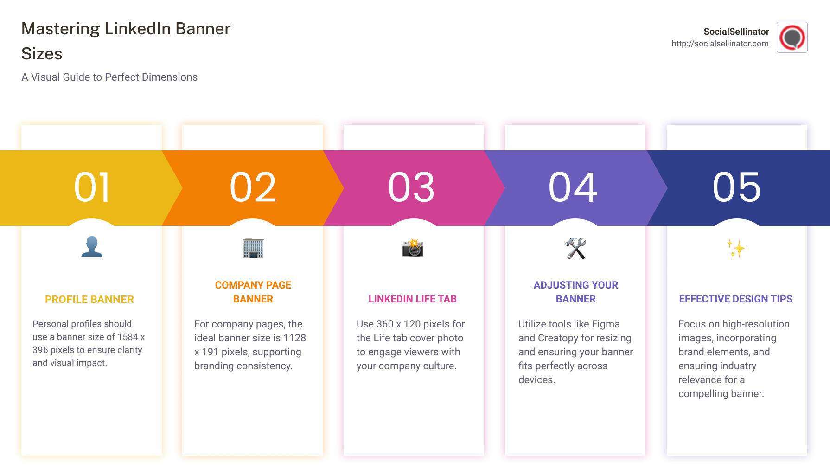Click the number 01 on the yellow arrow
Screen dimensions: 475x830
click(92, 187)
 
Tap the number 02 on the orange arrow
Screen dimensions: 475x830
click(253, 187)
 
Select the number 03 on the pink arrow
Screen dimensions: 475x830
click(411, 187)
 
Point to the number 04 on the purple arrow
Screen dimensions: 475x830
click(573, 187)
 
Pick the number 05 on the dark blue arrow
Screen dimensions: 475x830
click(736, 187)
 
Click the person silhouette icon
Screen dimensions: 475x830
click(92, 247)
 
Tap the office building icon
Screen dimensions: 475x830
click(253, 248)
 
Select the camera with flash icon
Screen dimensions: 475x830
click(413, 248)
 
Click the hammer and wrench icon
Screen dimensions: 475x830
click(575, 248)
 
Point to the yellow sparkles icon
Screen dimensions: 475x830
click(736, 249)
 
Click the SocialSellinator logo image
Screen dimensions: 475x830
click(792, 38)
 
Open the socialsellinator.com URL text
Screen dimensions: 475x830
click(720, 44)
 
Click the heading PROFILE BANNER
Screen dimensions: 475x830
click(89, 300)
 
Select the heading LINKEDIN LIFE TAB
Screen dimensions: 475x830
click(412, 299)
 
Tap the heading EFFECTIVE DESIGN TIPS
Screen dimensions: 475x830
click(735, 299)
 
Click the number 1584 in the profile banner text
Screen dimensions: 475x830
click(128, 337)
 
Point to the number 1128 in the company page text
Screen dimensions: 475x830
click(294, 338)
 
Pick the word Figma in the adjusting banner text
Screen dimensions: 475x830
click(606, 324)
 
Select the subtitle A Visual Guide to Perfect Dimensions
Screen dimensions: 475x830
click(109, 77)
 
